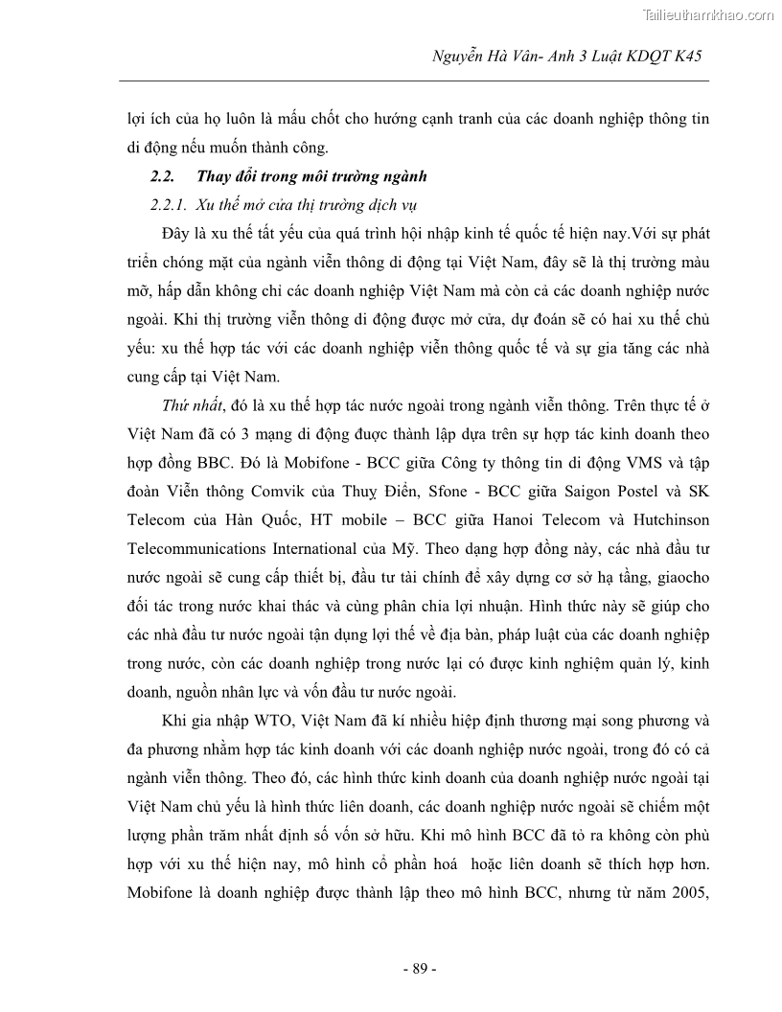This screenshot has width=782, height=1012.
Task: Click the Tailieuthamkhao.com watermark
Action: coord(705,14)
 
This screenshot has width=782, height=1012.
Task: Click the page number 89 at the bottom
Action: coord(420,969)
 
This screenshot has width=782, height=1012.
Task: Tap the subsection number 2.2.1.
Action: coord(169,205)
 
